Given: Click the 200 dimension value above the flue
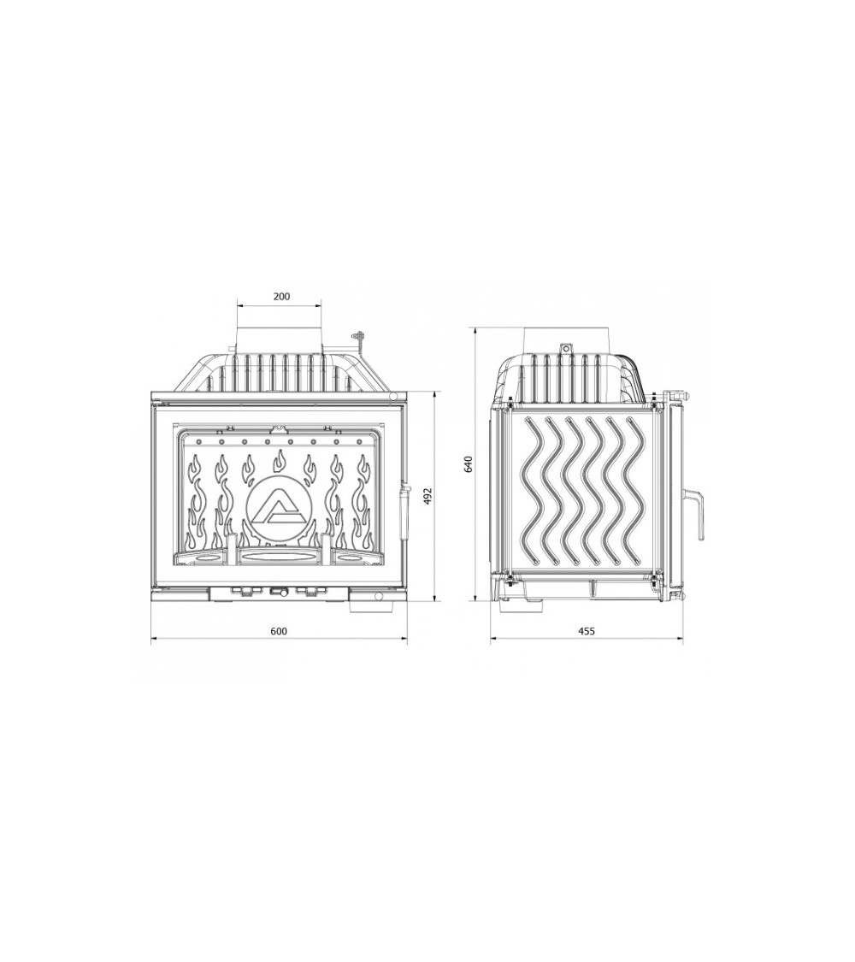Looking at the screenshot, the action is [281, 297].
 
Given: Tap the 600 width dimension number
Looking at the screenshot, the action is [279, 631].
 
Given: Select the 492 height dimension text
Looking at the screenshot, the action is [428, 496].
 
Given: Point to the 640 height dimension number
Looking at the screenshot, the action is [469, 463].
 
